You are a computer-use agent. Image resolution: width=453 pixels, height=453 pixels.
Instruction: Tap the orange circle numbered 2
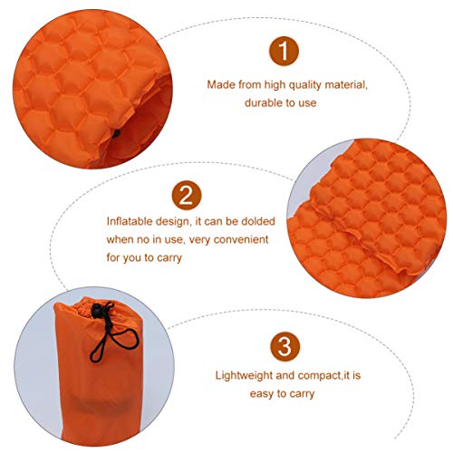pyautogui.click(x=185, y=195)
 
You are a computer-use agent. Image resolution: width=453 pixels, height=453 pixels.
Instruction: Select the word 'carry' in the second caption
pyautogui.click(x=169, y=258)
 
